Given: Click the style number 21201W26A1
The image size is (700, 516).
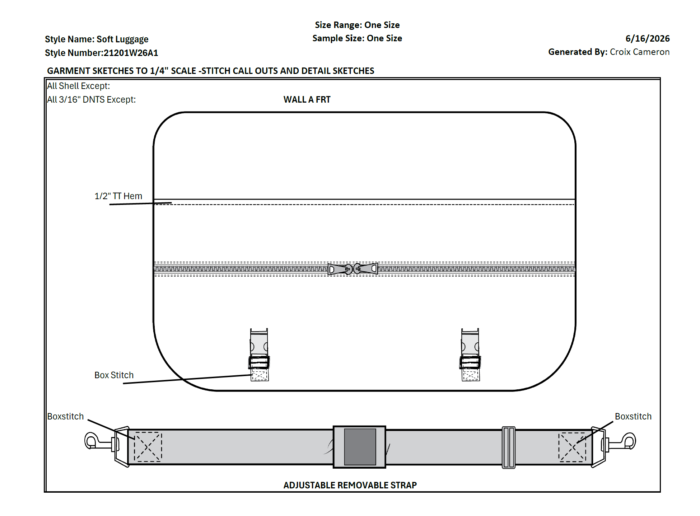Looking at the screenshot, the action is (x=131, y=53).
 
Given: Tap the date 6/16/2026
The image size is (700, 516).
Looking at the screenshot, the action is (x=648, y=38).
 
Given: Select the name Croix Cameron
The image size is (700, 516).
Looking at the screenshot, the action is (x=640, y=52).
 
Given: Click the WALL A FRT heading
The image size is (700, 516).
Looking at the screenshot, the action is (x=307, y=99).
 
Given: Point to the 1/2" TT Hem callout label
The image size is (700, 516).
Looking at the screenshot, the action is (x=118, y=196).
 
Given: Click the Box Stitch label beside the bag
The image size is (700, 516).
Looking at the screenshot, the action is (x=114, y=375).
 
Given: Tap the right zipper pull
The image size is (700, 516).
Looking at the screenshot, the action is (x=366, y=268).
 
